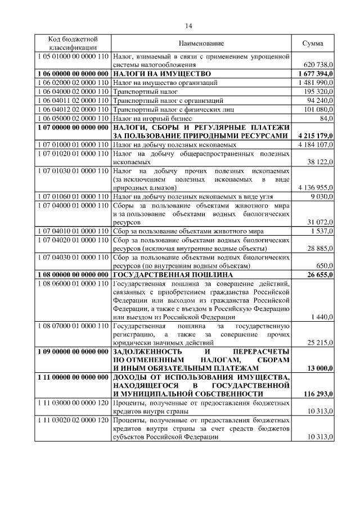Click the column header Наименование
[201, 44]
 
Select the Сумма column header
[313, 44]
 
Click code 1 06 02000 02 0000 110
[73, 83]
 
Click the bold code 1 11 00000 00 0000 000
[73, 376]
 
